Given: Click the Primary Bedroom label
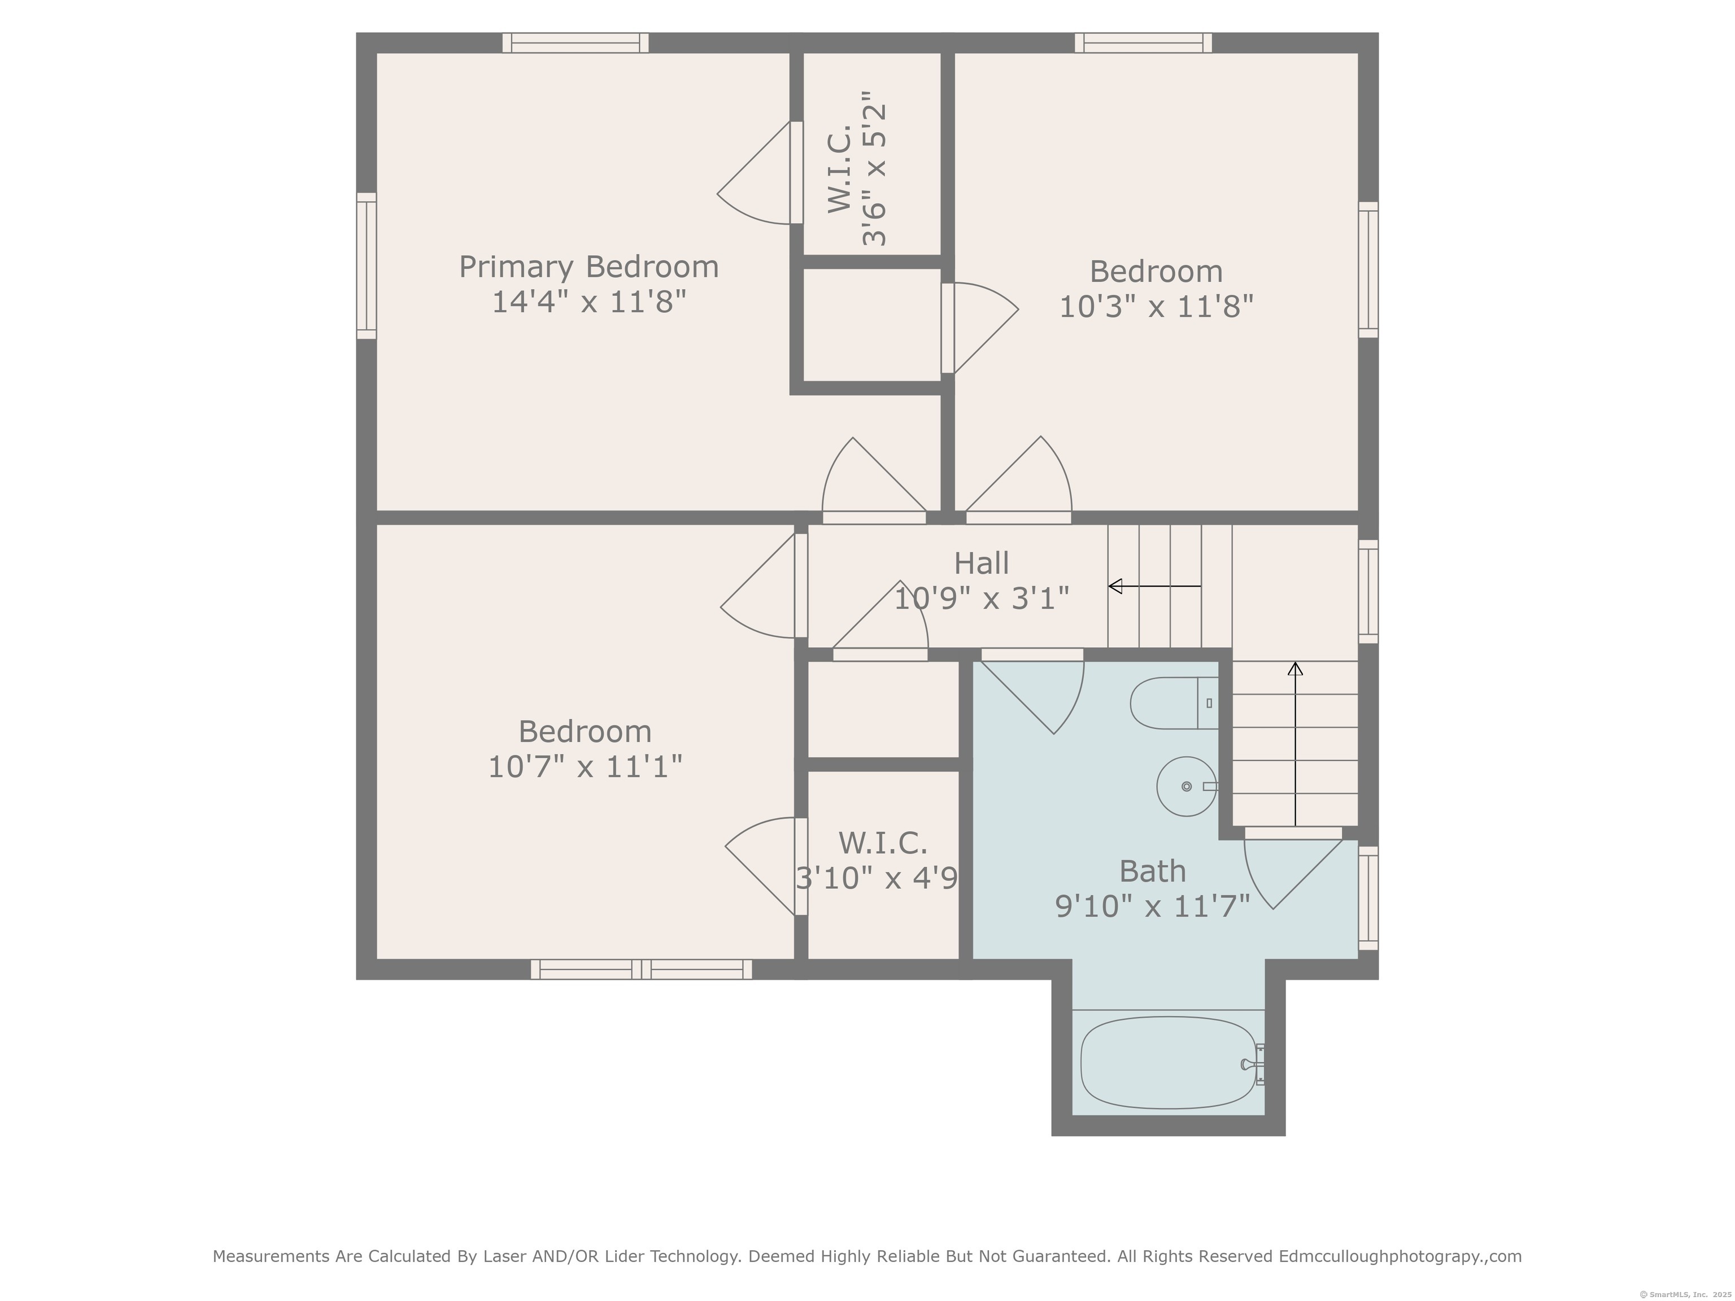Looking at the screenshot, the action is [x=588, y=268].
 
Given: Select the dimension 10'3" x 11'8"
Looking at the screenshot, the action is [x=1156, y=307].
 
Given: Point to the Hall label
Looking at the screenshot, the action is [x=981, y=563].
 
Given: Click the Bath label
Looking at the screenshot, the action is [x=1152, y=871].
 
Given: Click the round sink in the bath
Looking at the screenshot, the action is [x=1187, y=787].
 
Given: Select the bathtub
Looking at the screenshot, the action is [x=1169, y=1063].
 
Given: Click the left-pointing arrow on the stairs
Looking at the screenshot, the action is [x=1154, y=586].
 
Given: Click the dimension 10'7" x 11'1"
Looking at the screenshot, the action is [x=585, y=767].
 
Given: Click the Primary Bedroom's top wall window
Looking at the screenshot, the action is [x=576, y=43].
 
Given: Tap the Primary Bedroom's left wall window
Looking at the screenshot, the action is [x=367, y=266].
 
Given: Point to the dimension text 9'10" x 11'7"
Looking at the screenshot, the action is [x=1152, y=906].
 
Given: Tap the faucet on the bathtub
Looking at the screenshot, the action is [x=1253, y=1064].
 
